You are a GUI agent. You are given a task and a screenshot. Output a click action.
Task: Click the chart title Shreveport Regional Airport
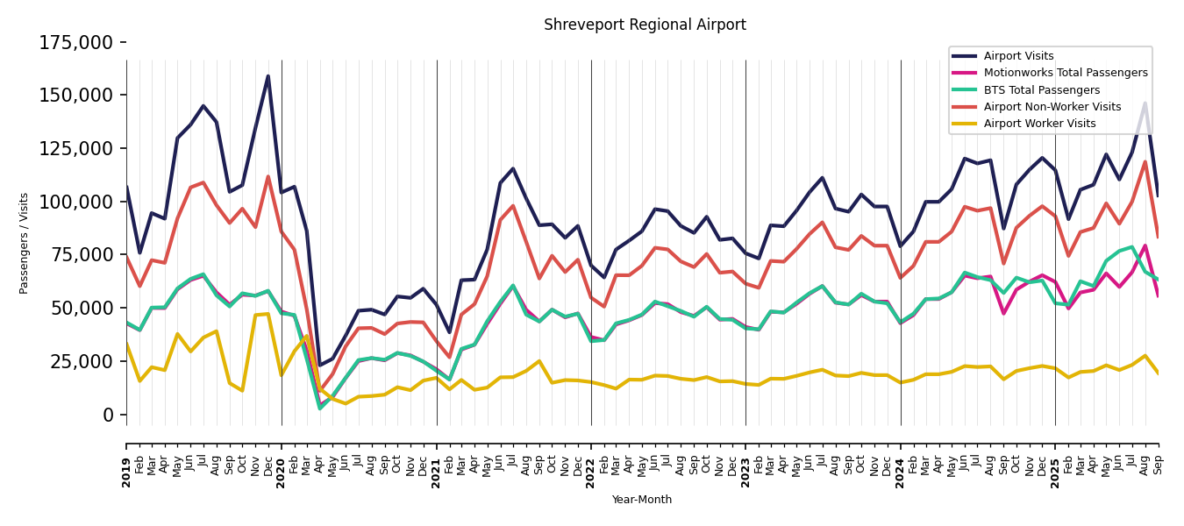pos(645,25)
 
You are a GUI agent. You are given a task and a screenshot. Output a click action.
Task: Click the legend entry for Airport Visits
pos(1018,56)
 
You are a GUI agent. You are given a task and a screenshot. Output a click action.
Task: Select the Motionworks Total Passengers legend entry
pos(1065,73)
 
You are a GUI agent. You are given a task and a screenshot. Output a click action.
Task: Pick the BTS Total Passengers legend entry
pos(1041,90)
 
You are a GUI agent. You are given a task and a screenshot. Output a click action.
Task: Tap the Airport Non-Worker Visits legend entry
pos(1052,107)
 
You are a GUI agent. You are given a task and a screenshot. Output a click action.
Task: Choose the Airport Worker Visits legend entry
pos(1039,124)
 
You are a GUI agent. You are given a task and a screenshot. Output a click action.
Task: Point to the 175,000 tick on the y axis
pos(76,42)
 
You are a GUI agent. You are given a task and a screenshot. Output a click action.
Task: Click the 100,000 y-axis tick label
pos(76,202)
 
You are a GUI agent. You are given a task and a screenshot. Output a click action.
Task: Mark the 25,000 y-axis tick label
pos(81,361)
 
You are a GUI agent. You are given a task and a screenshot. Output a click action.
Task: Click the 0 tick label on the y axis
pos(109,415)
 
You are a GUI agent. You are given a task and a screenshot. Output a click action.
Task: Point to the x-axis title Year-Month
pos(642,500)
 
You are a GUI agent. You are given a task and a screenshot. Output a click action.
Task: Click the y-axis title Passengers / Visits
pos(25,243)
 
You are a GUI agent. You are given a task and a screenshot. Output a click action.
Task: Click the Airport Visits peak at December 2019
pos(268,76)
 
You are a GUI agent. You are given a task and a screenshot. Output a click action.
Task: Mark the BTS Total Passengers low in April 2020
pos(320,409)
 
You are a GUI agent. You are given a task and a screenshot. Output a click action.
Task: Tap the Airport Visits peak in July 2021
pos(513,168)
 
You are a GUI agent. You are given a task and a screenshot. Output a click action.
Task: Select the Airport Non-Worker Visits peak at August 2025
pos(1145,161)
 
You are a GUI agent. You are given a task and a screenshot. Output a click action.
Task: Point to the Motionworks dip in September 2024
pos(1003,314)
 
